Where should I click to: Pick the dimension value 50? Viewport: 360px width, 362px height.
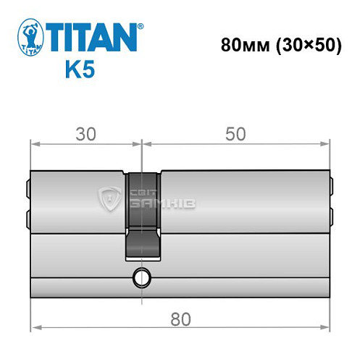(x=235, y=135)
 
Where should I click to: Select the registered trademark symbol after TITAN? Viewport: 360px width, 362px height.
(x=140, y=28)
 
